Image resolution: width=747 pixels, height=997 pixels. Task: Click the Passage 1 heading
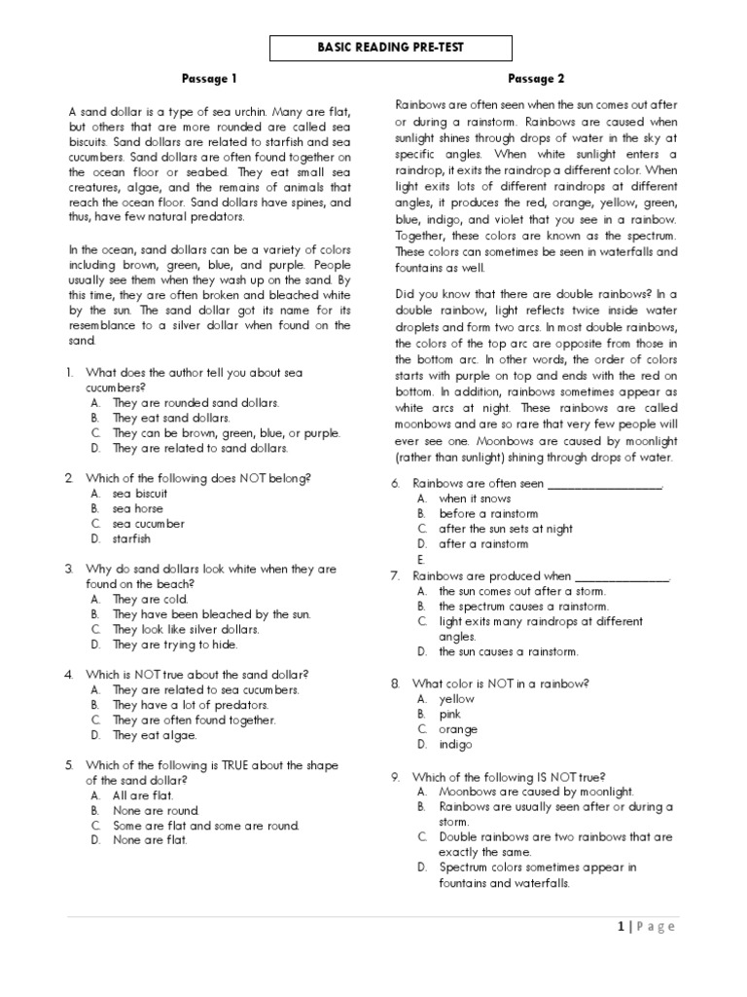(x=209, y=78)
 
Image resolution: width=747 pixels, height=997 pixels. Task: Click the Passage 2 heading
(x=536, y=78)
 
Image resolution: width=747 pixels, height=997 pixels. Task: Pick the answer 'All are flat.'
(x=143, y=795)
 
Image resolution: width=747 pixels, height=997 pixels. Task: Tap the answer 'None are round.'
(x=156, y=810)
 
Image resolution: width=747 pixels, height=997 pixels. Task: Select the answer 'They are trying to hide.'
(x=175, y=645)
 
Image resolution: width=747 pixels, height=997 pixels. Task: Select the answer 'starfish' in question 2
(x=129, y=538)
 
